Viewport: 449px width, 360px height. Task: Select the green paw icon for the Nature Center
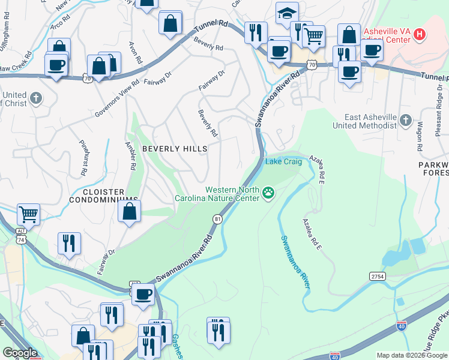pyautogui.click(x=268, y=193)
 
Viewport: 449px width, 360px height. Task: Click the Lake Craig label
pyautogui.click(x=284, y=161)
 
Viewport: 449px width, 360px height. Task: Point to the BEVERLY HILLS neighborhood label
pyautogui.click(x=174, y=148)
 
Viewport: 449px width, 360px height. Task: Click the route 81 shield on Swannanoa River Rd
pyautogui.click(x=217, y=220)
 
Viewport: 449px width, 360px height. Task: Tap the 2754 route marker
pyautogui.click(x=376, y=275)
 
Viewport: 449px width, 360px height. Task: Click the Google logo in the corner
pyautogui.click(x=20, y=353)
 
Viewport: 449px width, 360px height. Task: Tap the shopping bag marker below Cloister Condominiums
pyautogui.click(x=130, y=211)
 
